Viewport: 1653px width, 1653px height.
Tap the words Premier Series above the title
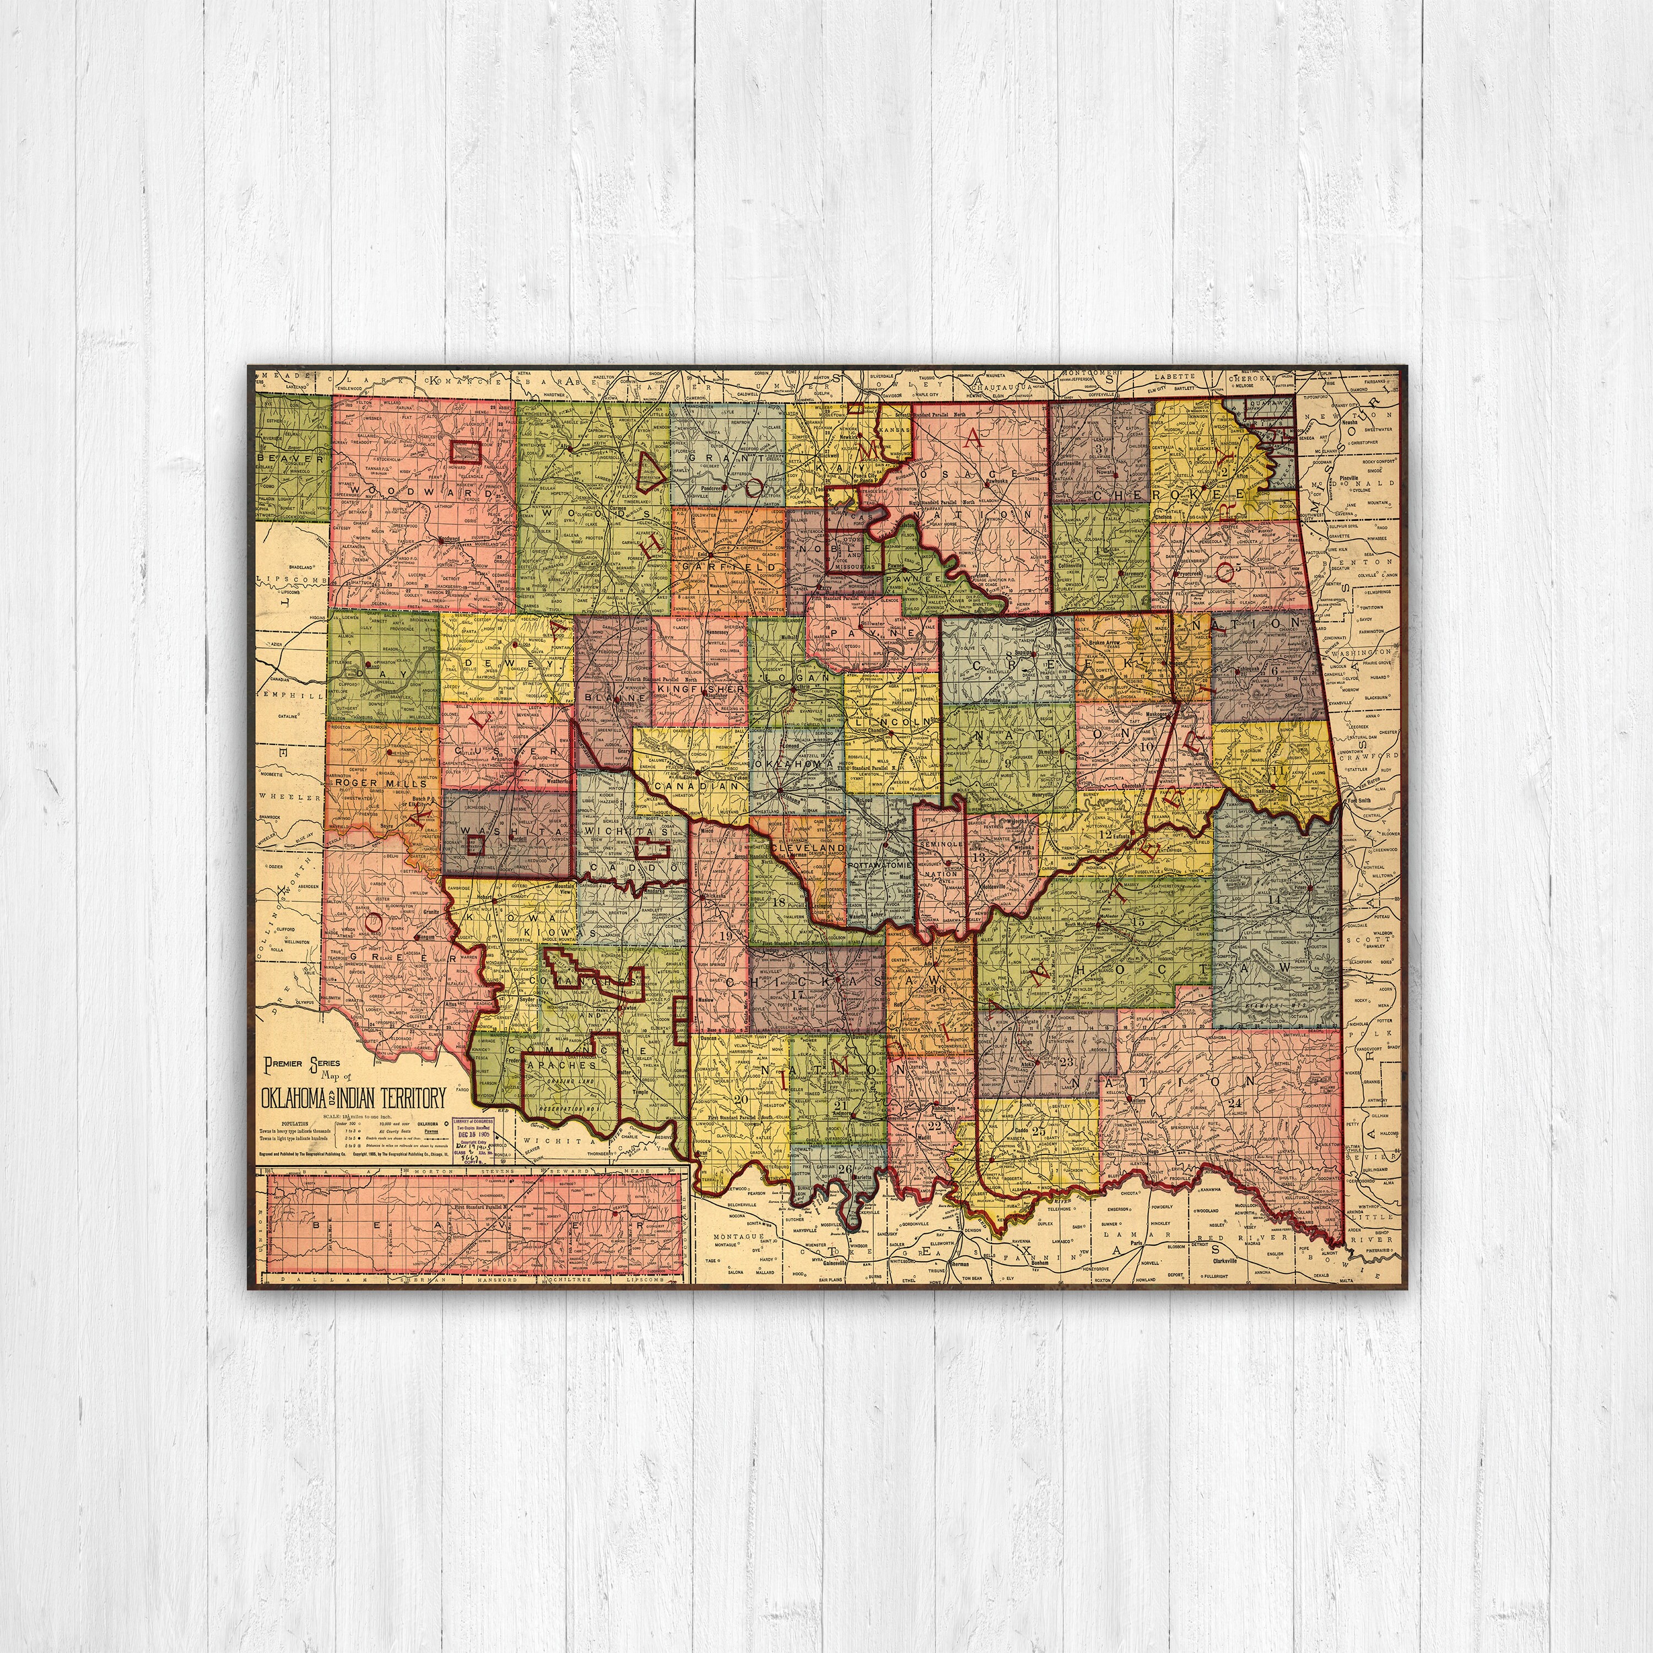tap(302, 1063)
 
